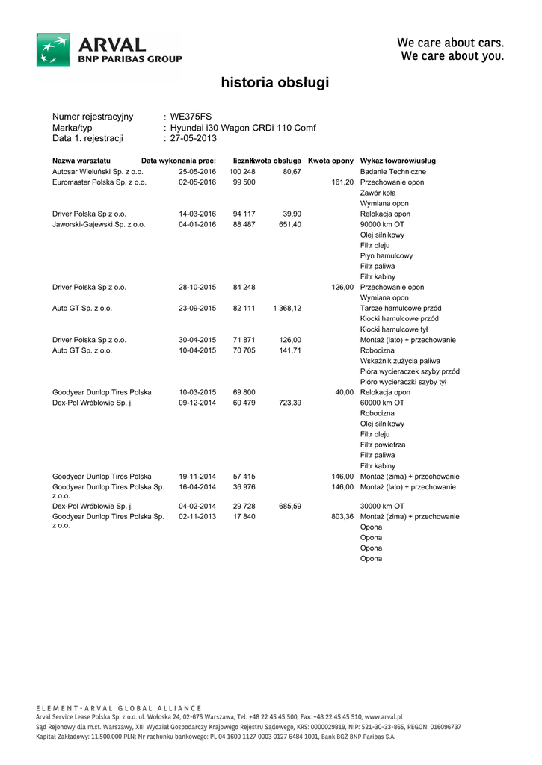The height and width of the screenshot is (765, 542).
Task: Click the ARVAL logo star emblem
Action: click(x=53, y=50)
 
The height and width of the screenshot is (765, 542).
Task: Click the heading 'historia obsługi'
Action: click(x=274, y=83)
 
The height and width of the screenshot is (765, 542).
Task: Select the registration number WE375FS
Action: click(x=191, y=117)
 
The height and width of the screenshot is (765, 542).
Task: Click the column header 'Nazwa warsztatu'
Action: click(x=81, y=161)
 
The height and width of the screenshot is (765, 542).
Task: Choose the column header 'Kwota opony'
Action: click(x=330, y=161)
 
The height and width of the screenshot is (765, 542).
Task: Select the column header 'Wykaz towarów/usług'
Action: click(x=398, y=161)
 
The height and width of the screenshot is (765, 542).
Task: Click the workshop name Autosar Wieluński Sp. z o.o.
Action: click(x=97, y=172)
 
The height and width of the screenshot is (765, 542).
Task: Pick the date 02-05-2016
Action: click(x=197, y=182)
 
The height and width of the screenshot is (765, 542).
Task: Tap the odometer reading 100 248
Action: click(x=242, y=172)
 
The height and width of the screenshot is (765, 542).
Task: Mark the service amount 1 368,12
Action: click(x=287, y=308)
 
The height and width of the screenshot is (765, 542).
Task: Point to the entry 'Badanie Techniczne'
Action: click(x=393, y=172)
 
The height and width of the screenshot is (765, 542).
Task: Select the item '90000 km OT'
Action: click(x=383, y=224)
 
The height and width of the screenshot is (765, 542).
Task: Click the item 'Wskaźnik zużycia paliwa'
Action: click(x=400, y=361)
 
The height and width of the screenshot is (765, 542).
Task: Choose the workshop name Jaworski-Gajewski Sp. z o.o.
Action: click(x=99, y=224)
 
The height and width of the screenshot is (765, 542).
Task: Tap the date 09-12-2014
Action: click(x=197, y=403)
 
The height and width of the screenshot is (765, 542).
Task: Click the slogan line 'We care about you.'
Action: click(x=452, y=56)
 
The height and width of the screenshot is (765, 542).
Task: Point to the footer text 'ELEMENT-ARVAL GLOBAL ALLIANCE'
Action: click(x=119, y=708)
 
